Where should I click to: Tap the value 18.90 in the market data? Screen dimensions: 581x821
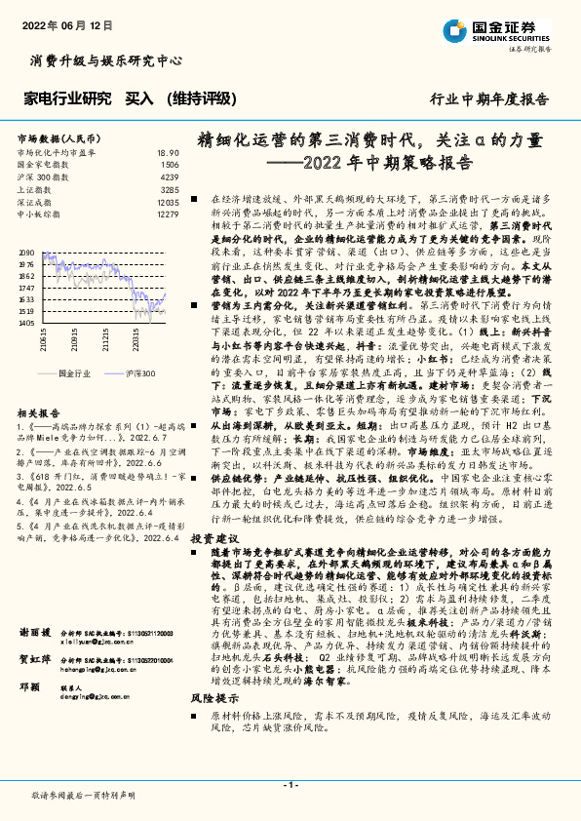167,154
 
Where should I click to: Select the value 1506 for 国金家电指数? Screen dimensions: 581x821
170,166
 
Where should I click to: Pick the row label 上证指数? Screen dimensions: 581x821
36,189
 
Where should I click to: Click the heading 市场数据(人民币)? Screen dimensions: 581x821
61,138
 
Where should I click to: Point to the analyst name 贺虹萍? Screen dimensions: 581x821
33,687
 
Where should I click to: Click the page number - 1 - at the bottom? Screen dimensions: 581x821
290,785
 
